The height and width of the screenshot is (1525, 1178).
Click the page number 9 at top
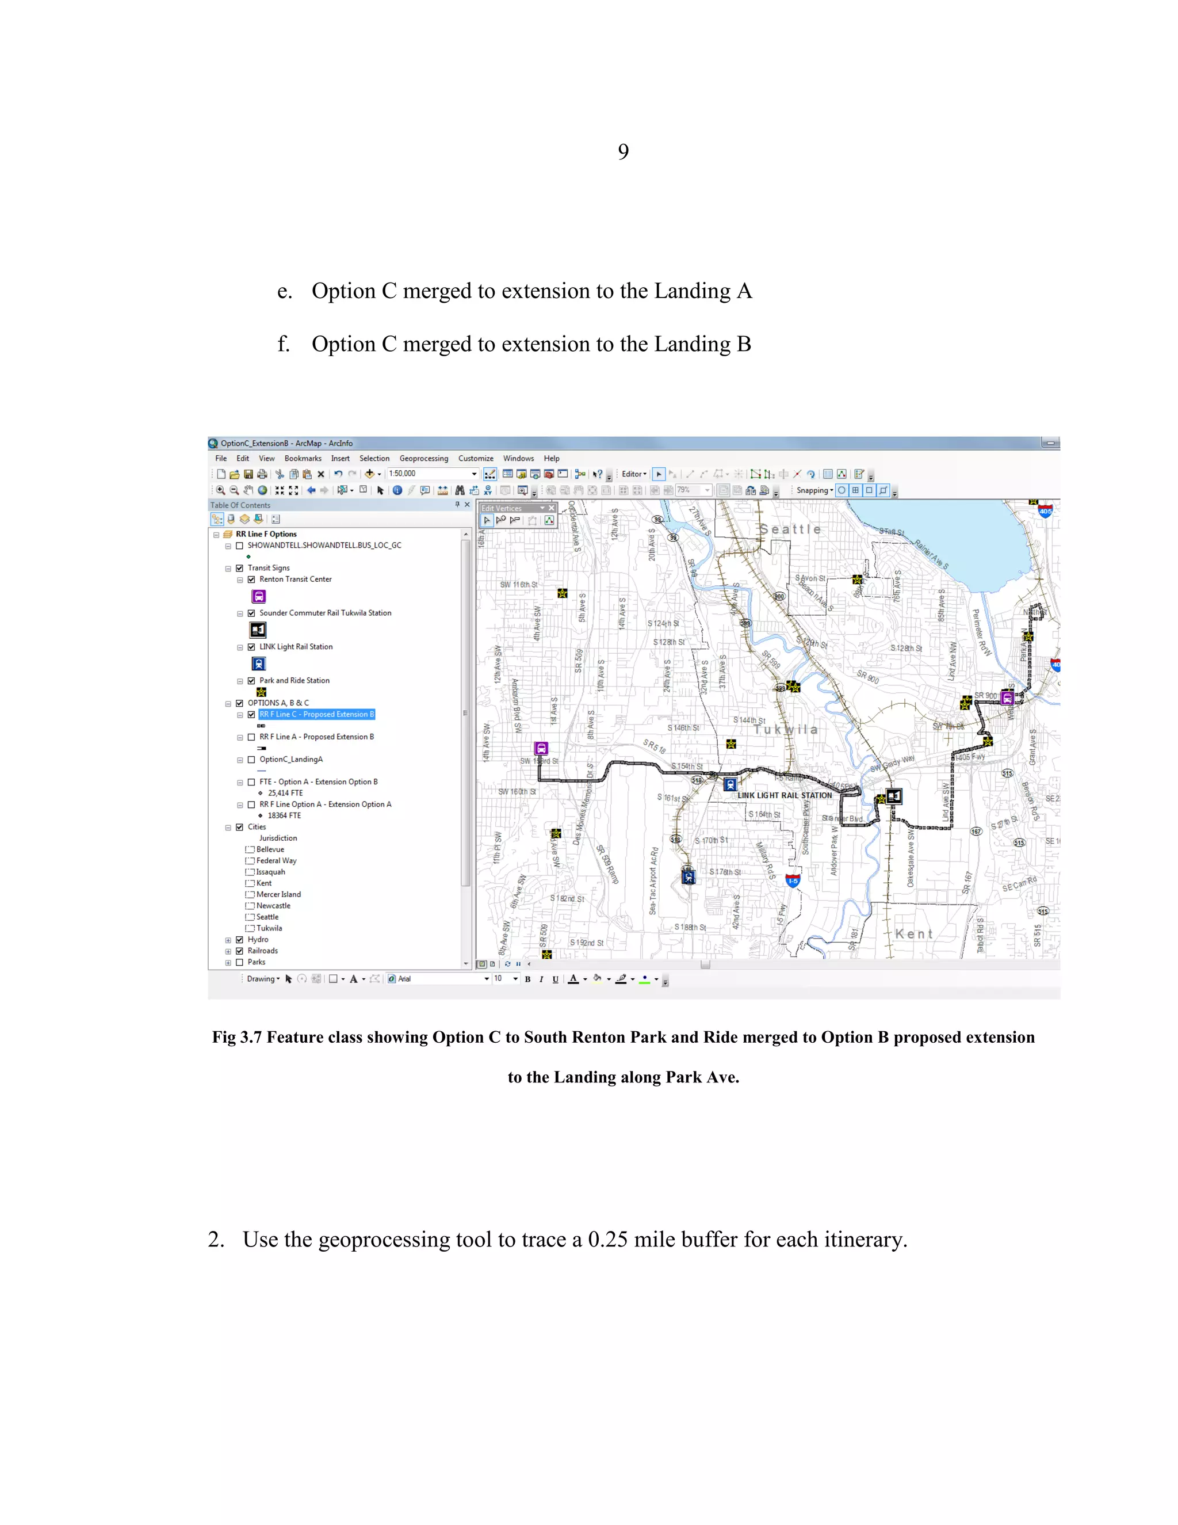click(622, 151)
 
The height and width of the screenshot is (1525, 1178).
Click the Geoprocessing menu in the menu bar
click(423, 459)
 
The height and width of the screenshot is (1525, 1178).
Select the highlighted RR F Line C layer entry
click(316, 714)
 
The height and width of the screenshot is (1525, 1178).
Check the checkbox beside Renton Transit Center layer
click(251, 579)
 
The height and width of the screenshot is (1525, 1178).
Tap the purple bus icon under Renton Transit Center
click(259, 596)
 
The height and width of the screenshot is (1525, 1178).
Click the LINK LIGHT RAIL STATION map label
click(785, 795)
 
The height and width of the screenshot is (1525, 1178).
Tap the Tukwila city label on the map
click(785, 729)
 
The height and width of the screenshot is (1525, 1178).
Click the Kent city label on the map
click(913, 933)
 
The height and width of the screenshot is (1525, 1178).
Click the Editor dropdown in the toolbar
click(634, 474)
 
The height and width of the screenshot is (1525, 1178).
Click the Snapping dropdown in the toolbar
click(814, 490)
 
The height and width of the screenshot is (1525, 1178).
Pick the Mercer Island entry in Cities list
click(278, 894)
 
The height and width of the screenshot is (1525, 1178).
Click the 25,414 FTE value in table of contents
click(285, 793)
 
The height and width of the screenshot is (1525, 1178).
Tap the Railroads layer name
click(262, 951)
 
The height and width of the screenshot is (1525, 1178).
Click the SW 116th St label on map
click(518, 585)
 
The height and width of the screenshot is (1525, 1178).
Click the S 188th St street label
click(690, 927)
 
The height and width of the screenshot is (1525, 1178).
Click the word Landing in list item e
click(691, 291)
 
